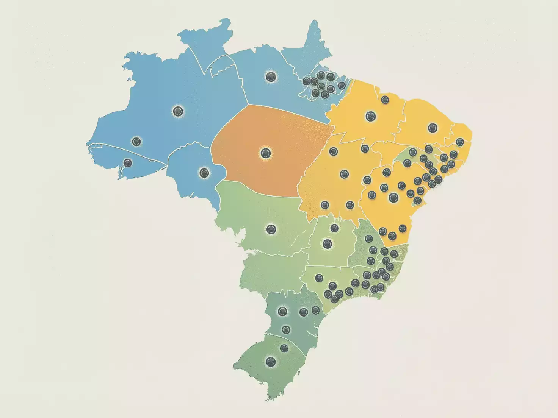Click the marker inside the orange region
pyautogui.click(x=265, y=153)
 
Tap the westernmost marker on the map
pyautogui.click(x=127, y=163)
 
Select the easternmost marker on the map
pyautogui.click(x=460, y=142)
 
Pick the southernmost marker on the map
pyautogui.click(x=271, y=362)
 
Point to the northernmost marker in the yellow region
pyautogui.click(x=385, y=100)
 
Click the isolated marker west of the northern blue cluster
pyautogui.click(x=271, y=77)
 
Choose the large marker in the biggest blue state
pyautogui.click(x=178, y=111)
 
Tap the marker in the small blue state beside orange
pyautogui.click(x=204, y=173)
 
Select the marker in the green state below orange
pyautogui.click(x=271, y=229)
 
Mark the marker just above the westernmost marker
pyautogui.click(x=136, y=142)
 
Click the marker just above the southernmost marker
pyautogui.click(x=284, y=348)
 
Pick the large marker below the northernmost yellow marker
pyautogui.click(x=371, y=116)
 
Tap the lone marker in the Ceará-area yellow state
pyautogui.click(x=433, y=128)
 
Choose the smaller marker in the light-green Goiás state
pyautogui.click(x=334, y=228)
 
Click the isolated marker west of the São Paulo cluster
pyautogui.click(x=319, y=278)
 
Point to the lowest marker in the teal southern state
pyautogui.click(x=286, y=330)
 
